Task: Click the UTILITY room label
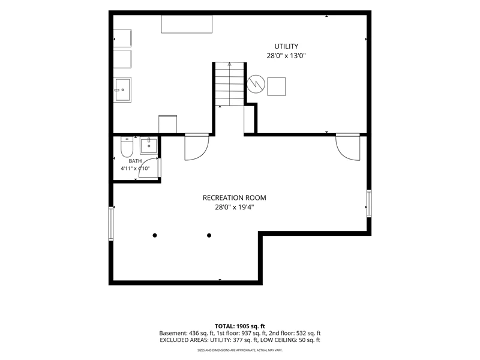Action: [286, 46]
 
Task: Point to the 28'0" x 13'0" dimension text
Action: [286, 56]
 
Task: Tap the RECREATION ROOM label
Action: [234, 198]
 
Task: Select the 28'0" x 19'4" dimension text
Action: [235, 207]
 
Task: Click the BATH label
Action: [135, 161]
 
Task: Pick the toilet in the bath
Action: [127, 146]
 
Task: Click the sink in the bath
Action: [149, 146]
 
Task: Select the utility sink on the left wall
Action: [122, 89]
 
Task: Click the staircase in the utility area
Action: [230, 84]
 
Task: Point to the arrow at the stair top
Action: [230, 64]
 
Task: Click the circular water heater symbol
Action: [256, 84]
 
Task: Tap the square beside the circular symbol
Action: [277, 86]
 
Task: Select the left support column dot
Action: [155, 235]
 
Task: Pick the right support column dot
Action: [209, 235]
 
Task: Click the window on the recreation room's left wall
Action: [111, 223]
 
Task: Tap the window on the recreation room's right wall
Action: [369, 203]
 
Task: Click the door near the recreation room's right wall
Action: [348, 147]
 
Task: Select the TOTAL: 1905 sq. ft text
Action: [239, 326]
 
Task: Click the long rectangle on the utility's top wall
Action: [187, 24]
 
